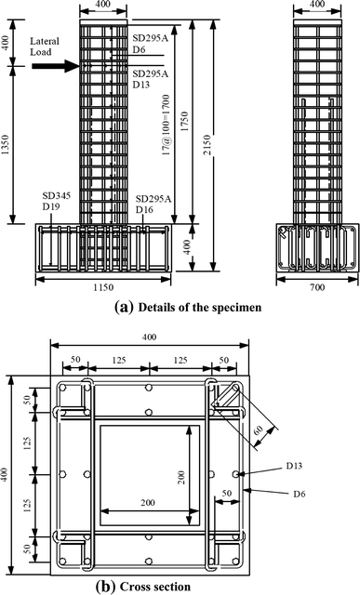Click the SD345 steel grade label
pos(57,198)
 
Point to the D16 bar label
pos(149,211)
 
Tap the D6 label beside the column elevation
pos(140,49)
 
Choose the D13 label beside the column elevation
pos(142,85)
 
